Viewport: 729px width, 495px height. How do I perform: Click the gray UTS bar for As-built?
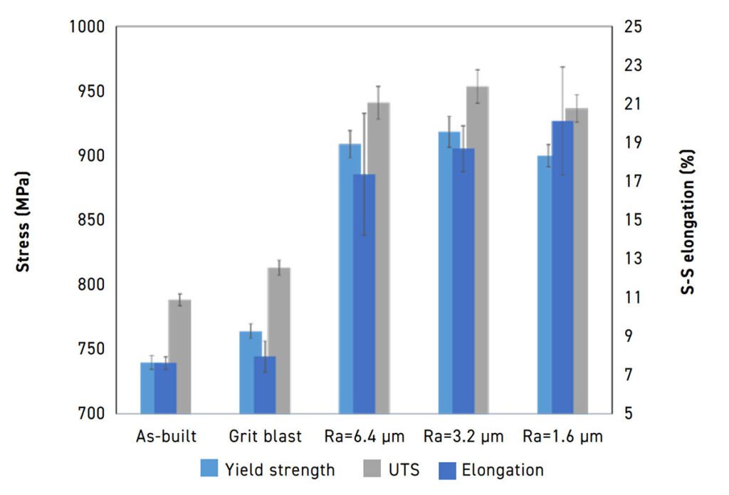[180, 356]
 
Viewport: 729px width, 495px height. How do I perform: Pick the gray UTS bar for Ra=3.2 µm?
[477, 249]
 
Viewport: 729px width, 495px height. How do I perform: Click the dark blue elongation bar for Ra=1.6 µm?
[562, 267]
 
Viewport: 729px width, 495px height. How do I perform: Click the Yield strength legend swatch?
[210, 469]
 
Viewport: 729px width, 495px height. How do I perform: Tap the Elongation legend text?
[503, 470]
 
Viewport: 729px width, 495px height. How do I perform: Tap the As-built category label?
[166, 436]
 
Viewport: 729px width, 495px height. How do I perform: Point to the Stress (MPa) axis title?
[23, 221]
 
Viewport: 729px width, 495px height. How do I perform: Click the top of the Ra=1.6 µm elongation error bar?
[562, 67]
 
